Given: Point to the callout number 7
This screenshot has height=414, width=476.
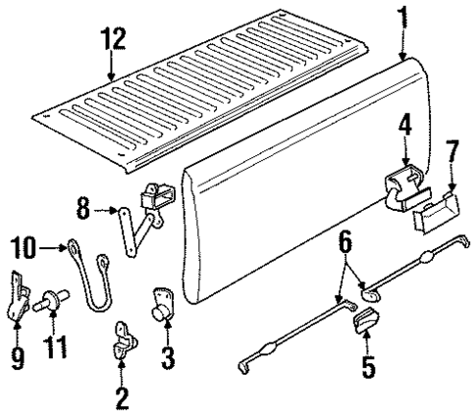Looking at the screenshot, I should pyautogui.click(x=451, y=153).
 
